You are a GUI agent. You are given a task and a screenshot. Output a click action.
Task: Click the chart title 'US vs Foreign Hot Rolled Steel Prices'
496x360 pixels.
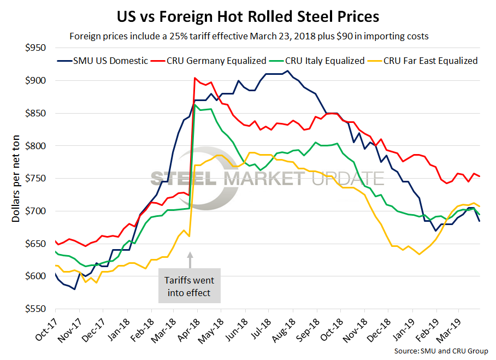pos(248,17)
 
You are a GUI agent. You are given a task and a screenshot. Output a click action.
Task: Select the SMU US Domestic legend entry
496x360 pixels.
pos(104,61)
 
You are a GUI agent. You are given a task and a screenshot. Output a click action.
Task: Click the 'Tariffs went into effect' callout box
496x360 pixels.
pos(190,286)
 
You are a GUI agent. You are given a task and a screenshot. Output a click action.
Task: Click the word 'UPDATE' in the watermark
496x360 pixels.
pos(344,178)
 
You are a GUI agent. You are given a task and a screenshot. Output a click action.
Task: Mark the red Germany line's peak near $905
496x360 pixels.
pos(195,78)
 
